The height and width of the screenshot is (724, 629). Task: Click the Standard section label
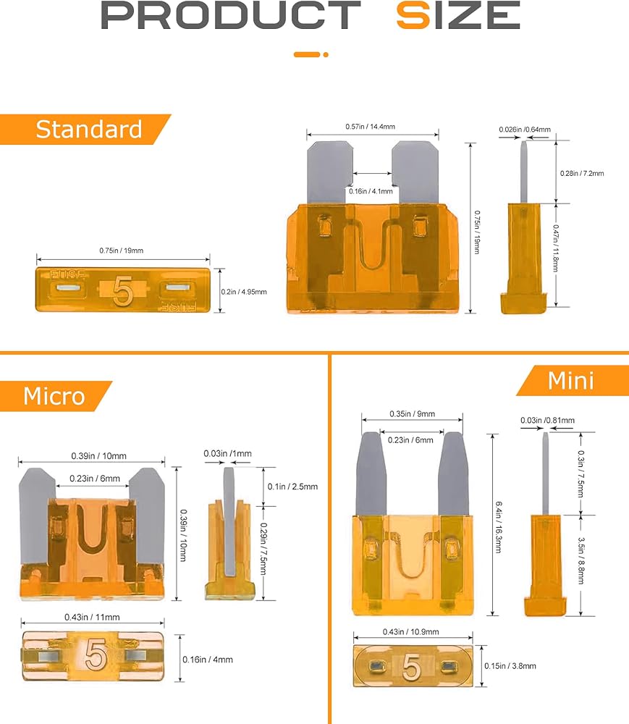[88, 130]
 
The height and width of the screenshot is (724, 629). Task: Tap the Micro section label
[54, 396]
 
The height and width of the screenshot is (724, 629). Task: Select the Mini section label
[571, 381]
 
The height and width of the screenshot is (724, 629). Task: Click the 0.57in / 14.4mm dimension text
[370, 127]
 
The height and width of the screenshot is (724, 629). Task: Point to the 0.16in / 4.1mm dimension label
[371, 191]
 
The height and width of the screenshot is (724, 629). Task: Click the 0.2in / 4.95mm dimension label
[244, 292]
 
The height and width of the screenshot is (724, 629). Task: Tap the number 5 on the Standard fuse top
[123, 291]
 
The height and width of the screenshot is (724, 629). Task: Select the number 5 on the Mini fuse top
[411, 667]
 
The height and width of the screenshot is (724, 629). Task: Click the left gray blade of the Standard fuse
[329, 173]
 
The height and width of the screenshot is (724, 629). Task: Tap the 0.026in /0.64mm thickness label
[525, 130]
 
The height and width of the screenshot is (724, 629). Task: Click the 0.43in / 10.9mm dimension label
[410, 631]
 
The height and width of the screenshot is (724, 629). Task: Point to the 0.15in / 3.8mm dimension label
[510, 666]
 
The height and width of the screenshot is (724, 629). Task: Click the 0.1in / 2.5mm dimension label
[292, 487]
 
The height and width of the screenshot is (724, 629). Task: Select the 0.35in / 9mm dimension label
[412, 413]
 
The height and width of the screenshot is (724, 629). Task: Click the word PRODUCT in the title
[231, 15]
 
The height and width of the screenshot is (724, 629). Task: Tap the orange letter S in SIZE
[413, 15]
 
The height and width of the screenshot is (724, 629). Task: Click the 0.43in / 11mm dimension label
[92, 617]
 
